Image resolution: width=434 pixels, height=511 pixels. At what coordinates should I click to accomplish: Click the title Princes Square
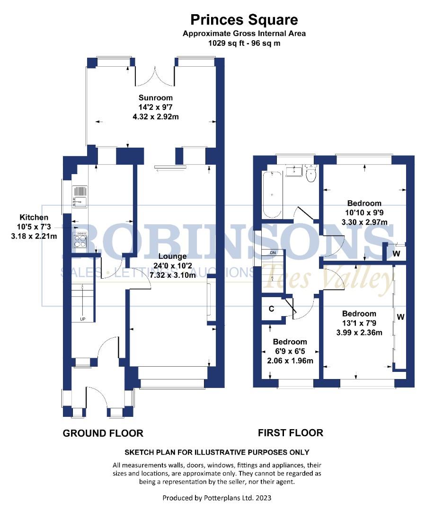pyautogui.click(x=244, y=19)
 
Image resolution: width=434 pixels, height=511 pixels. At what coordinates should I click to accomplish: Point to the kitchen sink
pyautogui.click(x=80, y=197)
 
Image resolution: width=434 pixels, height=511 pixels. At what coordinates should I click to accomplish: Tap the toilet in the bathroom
pyautogui.click(x=311, y=174)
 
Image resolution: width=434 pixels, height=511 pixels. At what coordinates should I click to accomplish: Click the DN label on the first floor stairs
pyautogui.click(x=273, y=253)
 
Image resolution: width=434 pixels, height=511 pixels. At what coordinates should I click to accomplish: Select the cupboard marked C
pyautogui.click(x=271, y=309)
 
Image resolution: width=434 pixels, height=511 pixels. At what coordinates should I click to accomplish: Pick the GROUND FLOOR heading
pyautogui.click(x=103, y=433)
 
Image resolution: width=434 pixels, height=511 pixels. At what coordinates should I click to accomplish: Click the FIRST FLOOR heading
pyautogui.click(x=290, y=432)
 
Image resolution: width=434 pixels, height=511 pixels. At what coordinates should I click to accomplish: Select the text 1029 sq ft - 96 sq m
pyautogui.click(x=244, y=43)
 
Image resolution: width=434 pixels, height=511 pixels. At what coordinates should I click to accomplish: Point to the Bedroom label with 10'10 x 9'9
pyautogui.click(x=364, y=203)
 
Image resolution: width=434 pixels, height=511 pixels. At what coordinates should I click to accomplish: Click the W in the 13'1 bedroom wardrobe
pyautogui.click(x=400, y=317)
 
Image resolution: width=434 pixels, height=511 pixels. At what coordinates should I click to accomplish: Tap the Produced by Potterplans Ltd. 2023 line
pyautogui.click(x=217, y=498)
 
